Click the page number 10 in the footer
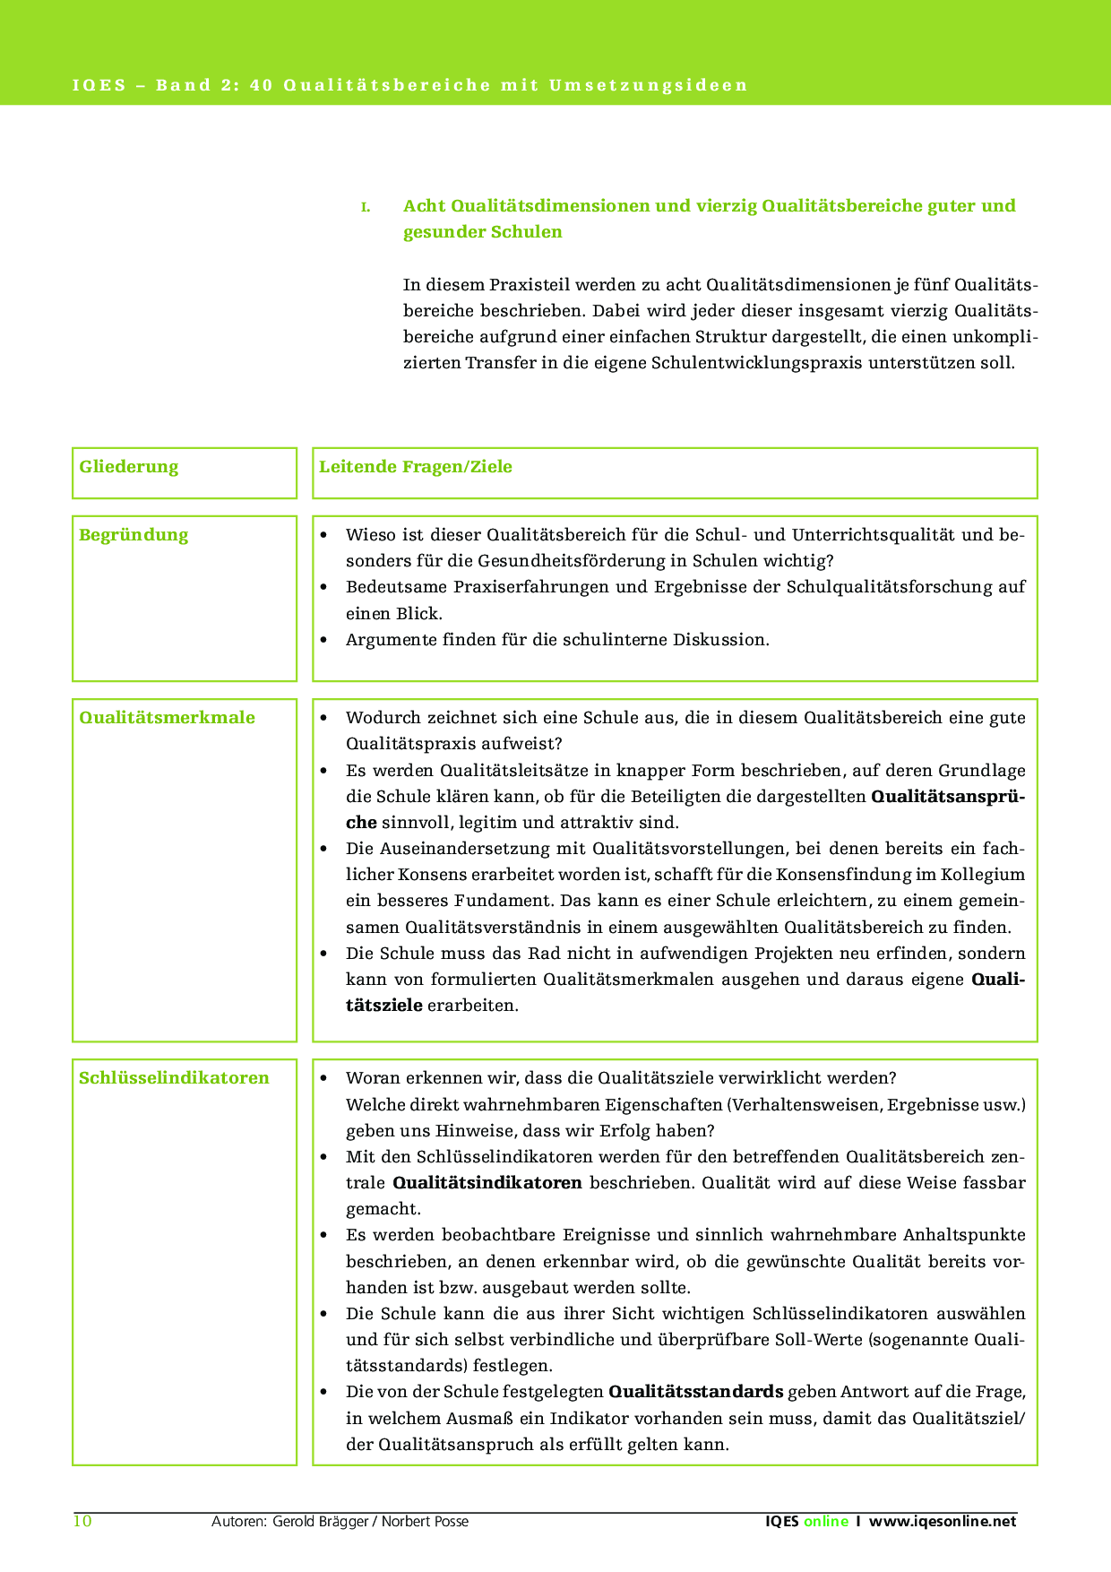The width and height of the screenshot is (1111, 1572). click(x=82, y=1521)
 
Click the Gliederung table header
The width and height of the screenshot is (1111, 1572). click(x=128, y=467)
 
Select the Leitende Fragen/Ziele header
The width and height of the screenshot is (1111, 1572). click(x=416, y=467)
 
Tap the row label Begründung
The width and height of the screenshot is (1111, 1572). click(x=133, y=535)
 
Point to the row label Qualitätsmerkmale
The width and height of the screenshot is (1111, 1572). click(x=167, y=718)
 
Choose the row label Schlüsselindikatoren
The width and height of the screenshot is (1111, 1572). click(x=174, y=1078)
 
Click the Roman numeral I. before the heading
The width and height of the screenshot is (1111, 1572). click(x=365, y=207)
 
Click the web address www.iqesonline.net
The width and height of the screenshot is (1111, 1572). click(x=943, y=1521)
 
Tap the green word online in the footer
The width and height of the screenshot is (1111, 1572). click(x=825, y=1521)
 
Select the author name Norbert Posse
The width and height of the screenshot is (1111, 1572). click(x=425, y=1521)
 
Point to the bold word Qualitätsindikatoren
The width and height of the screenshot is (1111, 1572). click(x=487, y=1183)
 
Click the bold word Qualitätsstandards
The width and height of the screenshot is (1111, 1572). click(x=696, y=1392)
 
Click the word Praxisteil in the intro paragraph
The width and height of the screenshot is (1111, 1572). click(x=529, y=286)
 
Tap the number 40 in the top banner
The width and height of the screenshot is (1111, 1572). click(x=261, y=86)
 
